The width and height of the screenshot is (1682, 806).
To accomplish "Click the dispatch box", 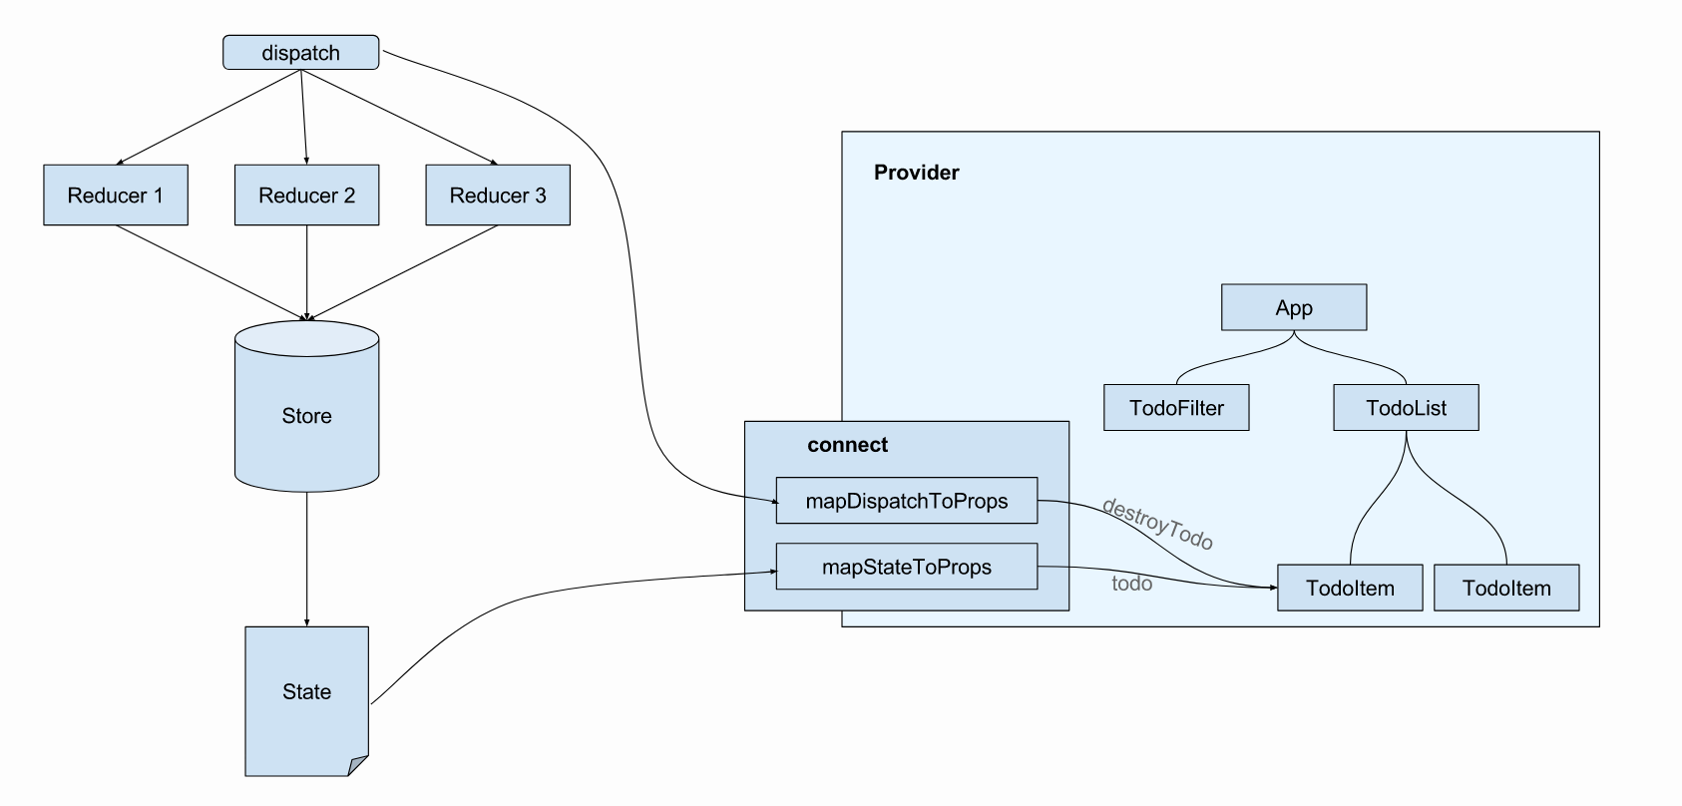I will (300, 53).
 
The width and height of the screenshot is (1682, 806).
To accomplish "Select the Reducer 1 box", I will (116, 196).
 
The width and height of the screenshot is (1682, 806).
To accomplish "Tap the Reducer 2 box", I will (306, 196).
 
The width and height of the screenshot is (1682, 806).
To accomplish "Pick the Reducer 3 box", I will (498, 196).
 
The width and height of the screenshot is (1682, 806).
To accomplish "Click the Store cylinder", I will (306, 416).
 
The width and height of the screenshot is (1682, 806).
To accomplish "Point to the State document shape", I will (306, 692).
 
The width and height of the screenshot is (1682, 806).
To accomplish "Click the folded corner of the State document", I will (358, 766).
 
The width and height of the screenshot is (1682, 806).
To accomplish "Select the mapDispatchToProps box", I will (906, 501).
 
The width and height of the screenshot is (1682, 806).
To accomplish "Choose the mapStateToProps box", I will (906, 568).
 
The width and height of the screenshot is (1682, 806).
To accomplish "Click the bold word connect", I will (847, 445).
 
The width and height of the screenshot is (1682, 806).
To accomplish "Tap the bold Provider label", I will (916, 173).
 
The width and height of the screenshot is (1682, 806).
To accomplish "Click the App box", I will (1293, 308).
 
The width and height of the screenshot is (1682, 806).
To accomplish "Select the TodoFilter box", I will (1176, 408).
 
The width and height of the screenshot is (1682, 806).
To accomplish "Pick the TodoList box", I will (1406, 408).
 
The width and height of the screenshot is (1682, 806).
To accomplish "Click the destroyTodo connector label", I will (1157, 524).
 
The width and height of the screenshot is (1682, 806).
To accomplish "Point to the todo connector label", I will (1131, 584).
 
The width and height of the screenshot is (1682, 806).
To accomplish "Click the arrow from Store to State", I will (306, 559).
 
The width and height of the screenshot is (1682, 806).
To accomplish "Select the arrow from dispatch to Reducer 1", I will (210, 117).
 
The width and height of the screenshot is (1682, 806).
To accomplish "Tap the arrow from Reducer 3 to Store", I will (404, 272).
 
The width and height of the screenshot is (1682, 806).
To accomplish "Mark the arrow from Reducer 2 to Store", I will (306, 272).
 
